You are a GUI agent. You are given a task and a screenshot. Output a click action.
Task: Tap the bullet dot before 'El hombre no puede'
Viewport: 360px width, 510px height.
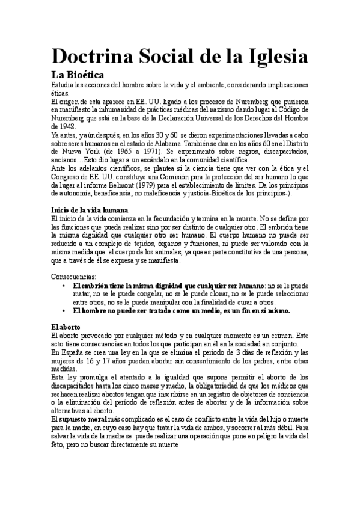pyautogui.click(x=64, y=311)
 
